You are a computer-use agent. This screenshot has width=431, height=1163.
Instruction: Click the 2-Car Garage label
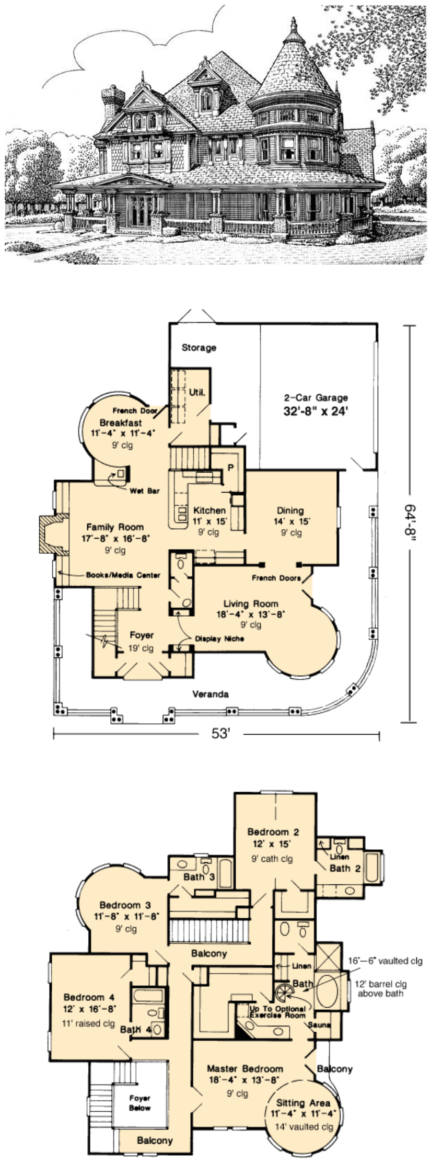coord(316,397)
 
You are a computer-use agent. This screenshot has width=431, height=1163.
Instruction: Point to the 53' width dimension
coord(221,734)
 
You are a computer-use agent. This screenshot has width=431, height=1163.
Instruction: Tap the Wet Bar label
coord(145,491)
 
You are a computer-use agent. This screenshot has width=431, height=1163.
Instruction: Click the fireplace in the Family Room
coord(51,534)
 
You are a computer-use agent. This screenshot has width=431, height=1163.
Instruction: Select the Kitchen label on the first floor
coord(209,510)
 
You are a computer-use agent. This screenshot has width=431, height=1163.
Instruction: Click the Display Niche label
coord(219,638)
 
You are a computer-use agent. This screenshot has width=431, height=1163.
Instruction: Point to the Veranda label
coord(211,694)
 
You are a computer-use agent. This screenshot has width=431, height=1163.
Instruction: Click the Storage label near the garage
coord(199,347)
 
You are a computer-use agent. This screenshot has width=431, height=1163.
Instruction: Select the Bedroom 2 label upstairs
coord(273,831)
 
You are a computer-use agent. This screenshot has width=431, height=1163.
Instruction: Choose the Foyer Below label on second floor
coord(140,1103)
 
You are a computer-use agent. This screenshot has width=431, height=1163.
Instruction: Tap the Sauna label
coord(319,1025)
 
